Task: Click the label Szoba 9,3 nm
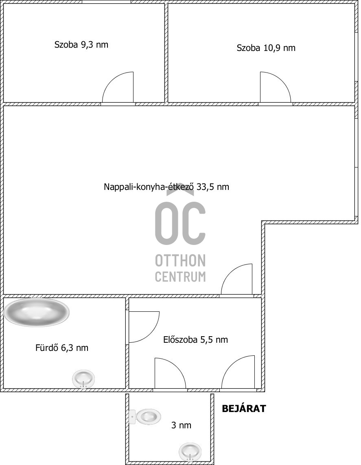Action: click(81, 45)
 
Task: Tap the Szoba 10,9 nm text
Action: click(266, 48)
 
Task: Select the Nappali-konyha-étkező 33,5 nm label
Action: click(166, 187)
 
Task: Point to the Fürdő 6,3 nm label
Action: click(62, 348)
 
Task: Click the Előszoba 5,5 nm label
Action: click(195, 339)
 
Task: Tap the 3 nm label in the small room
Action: click(181, 425)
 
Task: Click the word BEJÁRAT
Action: click(244, 409)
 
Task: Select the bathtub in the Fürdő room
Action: click(37, 313)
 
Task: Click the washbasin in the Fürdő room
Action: click(83, 379)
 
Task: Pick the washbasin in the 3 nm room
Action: click(190, 451)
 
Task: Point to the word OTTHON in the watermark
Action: click(180, 260)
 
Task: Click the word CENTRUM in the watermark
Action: click(180, 277)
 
